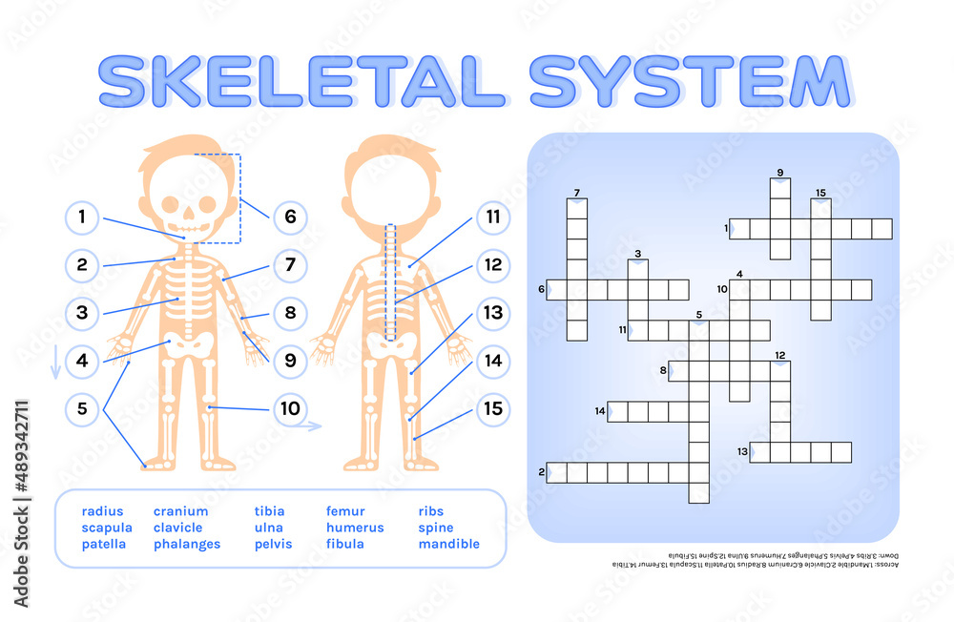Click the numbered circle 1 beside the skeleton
pyautogui.click(x=82, y=218)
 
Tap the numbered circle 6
pyautogui.click(x=290, y=218)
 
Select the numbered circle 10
pyautogui.click(x=290, y=409)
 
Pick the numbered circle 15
pyautogui.click(x=492, y=409)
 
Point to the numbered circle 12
pyautogui.click(x=492, y=264)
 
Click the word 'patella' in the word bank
pyautogui.click(x=104, y=545)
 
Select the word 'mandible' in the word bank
pyautogui.click(x=448, y=545)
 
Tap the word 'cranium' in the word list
pyautogui.click(x=180, y=511)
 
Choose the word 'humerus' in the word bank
pyautogui.click(x=355, y=528)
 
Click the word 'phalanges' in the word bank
pyautogui.click(x=187, y=545)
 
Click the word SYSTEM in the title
pyautogui.click(x=688, y=82)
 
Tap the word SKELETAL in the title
pyautogui.click(x=301, y=82)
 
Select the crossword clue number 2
pyautogui.click(x=541, y=471)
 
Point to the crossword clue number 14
pyautogui.click(x=600, y=411)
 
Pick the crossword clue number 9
pyautogui.click(x=779, y=173)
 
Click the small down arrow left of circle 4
pyautogui.click(x=55, y=361)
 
